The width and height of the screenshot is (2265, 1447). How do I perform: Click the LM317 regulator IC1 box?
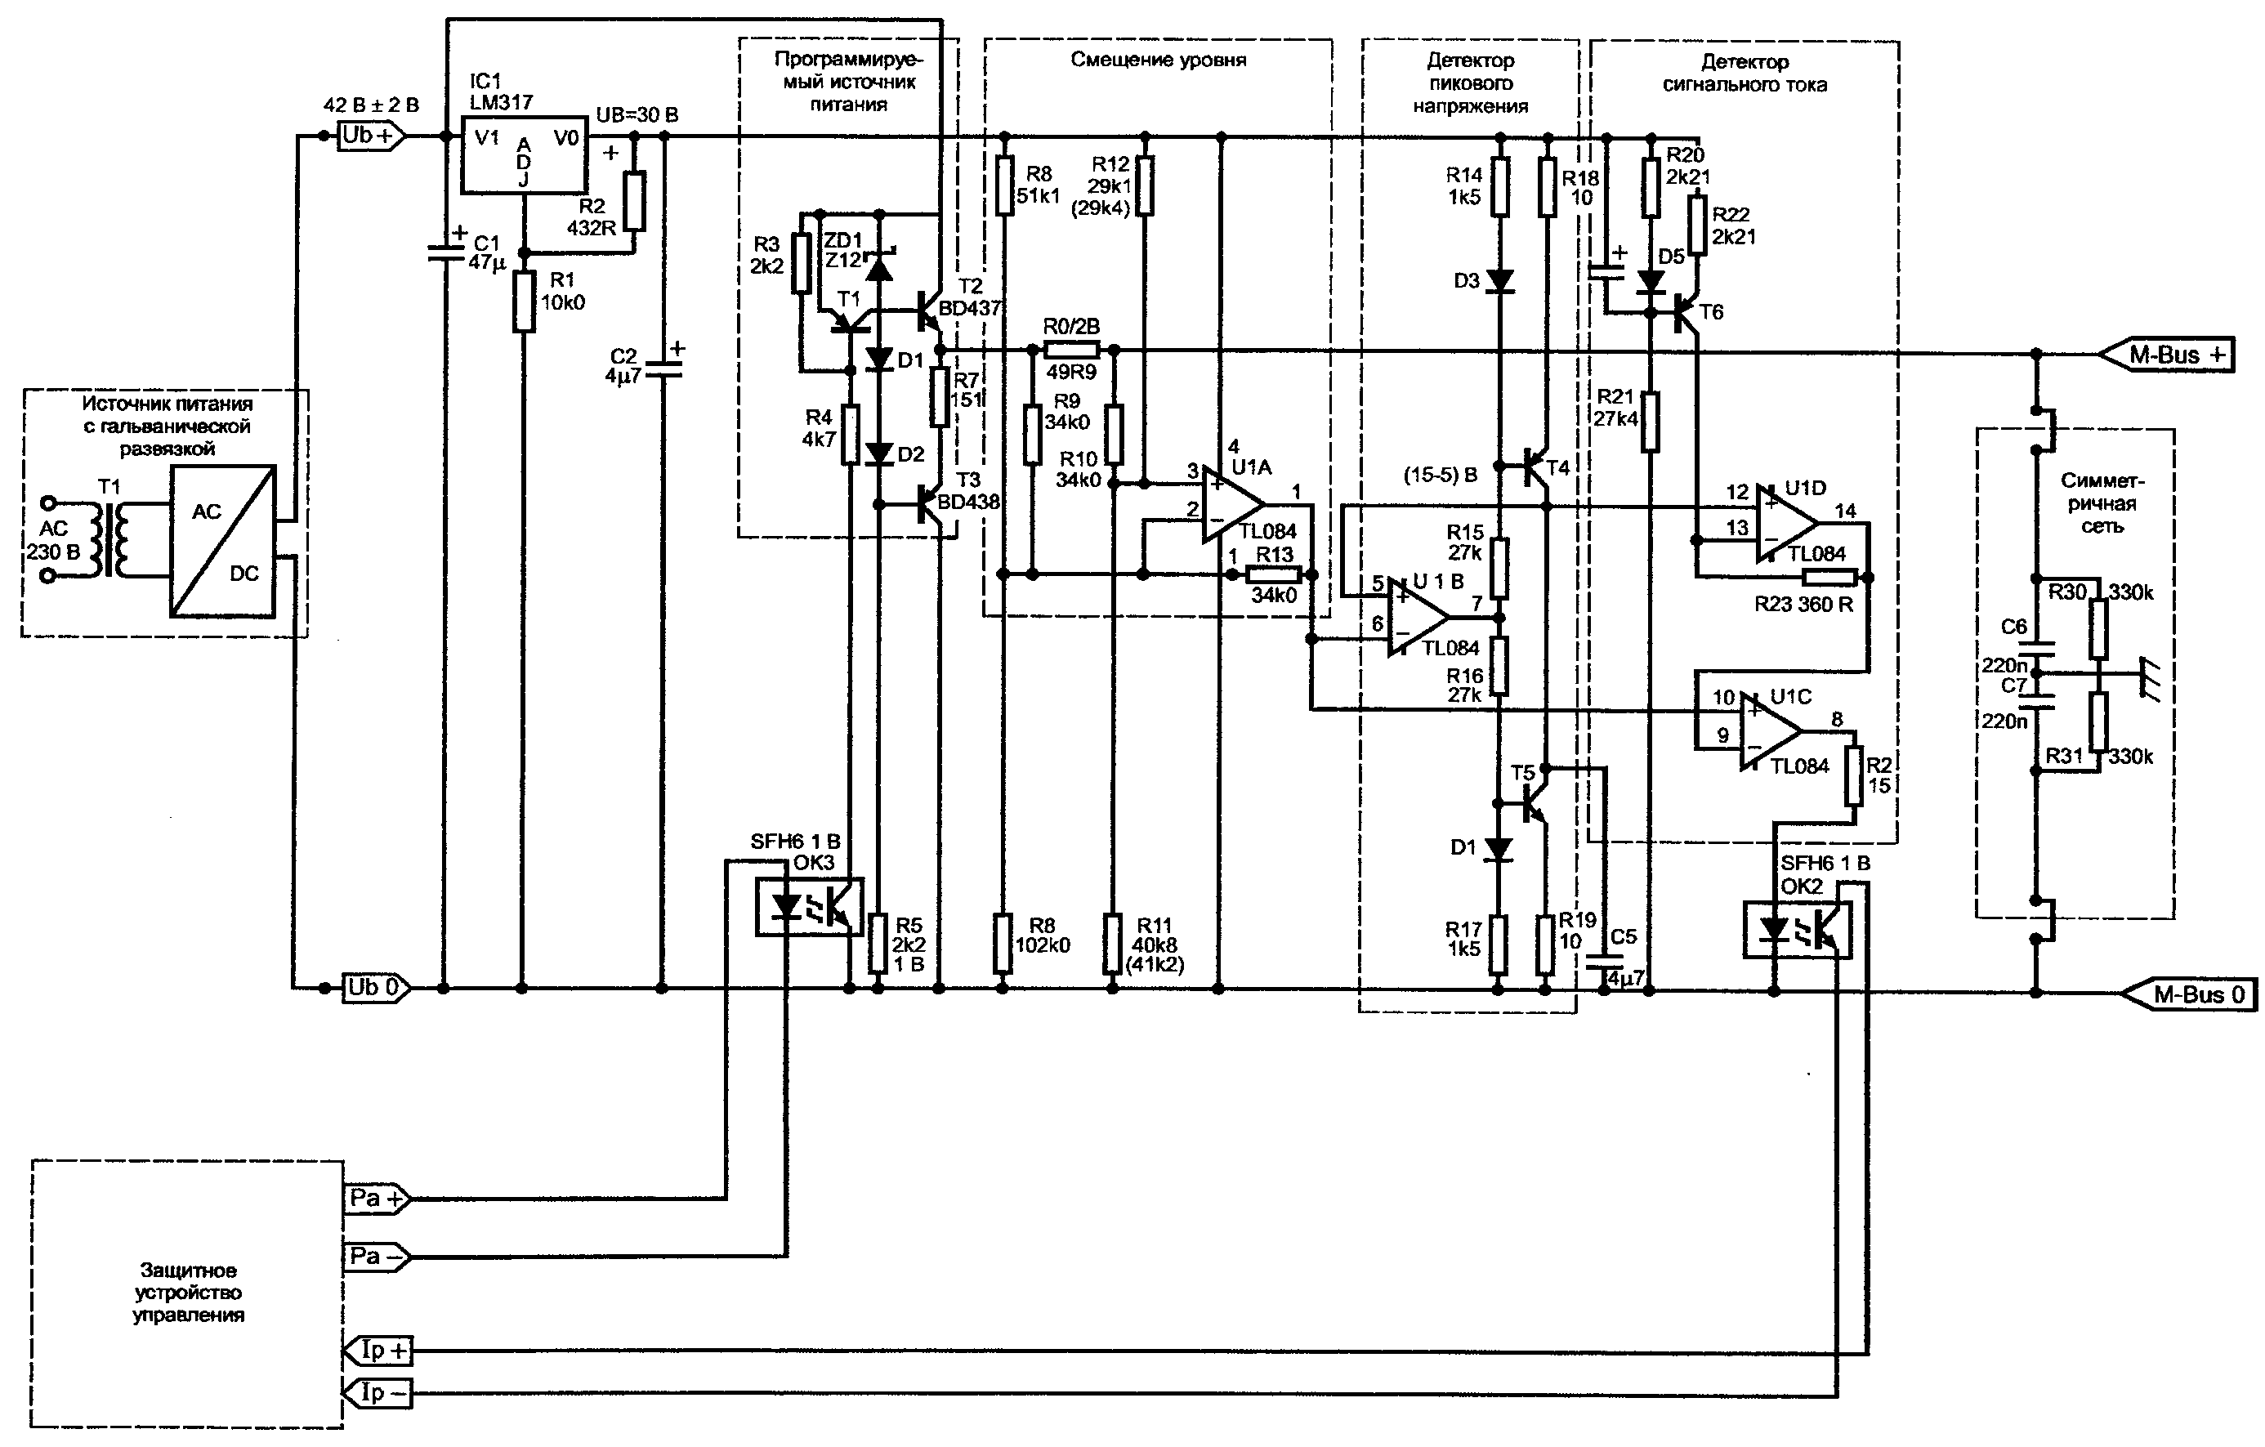[523, 156]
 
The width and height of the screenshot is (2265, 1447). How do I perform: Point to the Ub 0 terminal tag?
[375, 989]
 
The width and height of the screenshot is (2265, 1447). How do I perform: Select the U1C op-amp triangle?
[1771, 731]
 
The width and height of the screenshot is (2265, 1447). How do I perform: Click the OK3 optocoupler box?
[810, 906]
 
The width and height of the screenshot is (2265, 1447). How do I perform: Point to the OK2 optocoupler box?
[1798, 930]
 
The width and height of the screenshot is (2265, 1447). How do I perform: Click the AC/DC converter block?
[223, 541]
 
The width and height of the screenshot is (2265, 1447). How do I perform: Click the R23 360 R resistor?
[1829, 578]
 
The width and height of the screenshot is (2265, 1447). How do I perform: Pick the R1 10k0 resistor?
[524, 301]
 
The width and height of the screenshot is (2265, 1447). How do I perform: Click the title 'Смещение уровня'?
[1159, 60]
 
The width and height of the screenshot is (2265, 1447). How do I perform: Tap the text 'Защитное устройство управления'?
[188, 1293]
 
